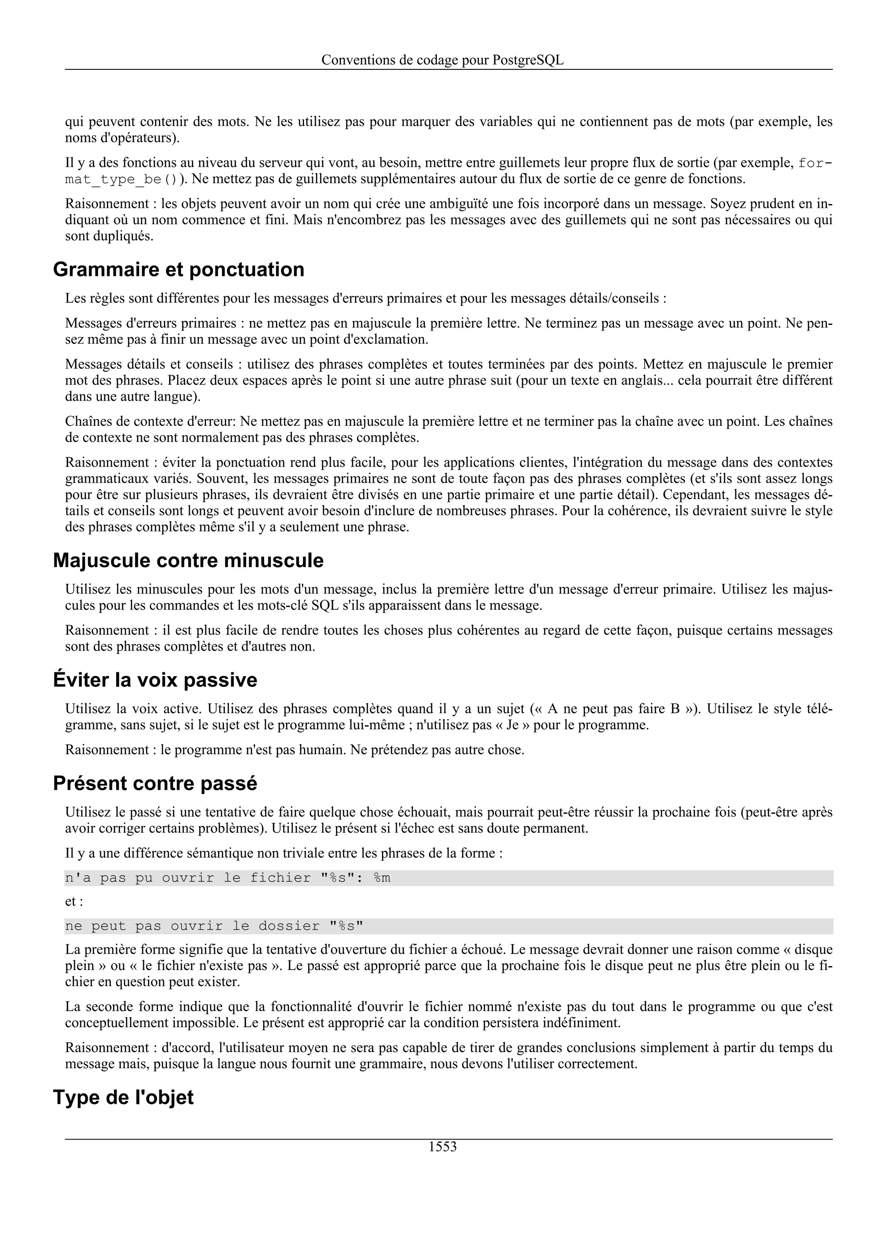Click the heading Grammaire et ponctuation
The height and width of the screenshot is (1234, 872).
(x=178, y=269)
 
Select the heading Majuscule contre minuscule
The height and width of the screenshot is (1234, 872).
(x=188, y=560)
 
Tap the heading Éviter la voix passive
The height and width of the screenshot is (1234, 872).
(x=155, y=680)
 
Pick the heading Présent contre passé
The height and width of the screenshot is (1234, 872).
(x=155, y=783)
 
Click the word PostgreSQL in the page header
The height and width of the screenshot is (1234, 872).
(x=528, y=60)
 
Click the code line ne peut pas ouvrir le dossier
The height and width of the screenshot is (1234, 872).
(x=214, y=926)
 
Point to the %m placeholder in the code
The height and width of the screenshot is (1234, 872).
(x=382, y=878)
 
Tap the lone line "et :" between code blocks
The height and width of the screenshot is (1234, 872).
(x=74, y=901)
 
